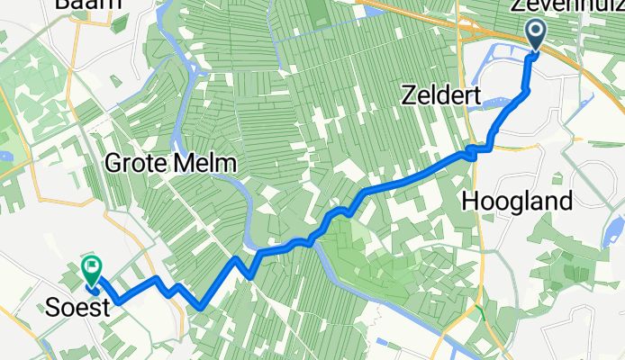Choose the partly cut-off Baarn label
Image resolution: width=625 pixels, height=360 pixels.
pyautogui.click(x=87, y=4)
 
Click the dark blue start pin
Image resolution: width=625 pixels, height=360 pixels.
pyautogui.click(x=535, y=36)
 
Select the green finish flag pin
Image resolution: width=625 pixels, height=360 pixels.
pyautogui.click(x=91, y=269)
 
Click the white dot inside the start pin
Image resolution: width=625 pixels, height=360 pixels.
pyautogui.click(x=535, y=33)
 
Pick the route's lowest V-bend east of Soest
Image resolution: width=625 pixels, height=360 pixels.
pyautogui.click(x=201, y=307)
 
